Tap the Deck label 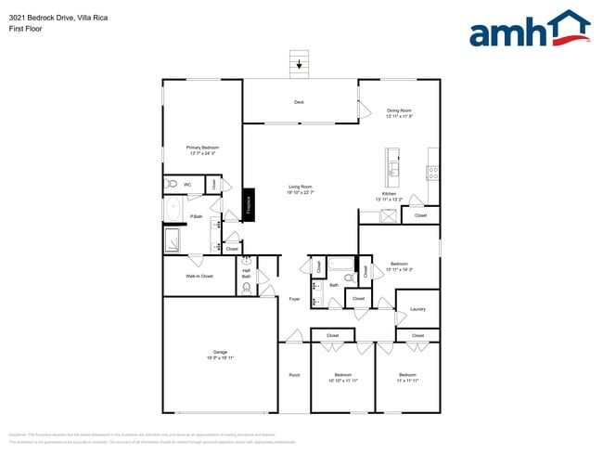click(x=299, y=101)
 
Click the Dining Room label click(x=399, y=113)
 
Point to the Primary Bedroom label click(x=201, y=149)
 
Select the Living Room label click(x=300, y=189)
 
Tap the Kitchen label click(x=388, y=197)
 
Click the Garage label click(x=220, y=354)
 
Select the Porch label click(x=294, y=375)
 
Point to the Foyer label click(x=294, y=299)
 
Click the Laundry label click(x=417, y=308)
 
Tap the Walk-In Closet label click(x=199, y=276)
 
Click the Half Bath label click(x=247, y=274)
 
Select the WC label click(x=186, y=185)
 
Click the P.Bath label click(x=197, y=216)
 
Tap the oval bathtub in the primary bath click(x=173, y=211)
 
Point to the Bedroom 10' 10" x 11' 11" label click(x=343, y=378)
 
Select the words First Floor click(x=25, y=29)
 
